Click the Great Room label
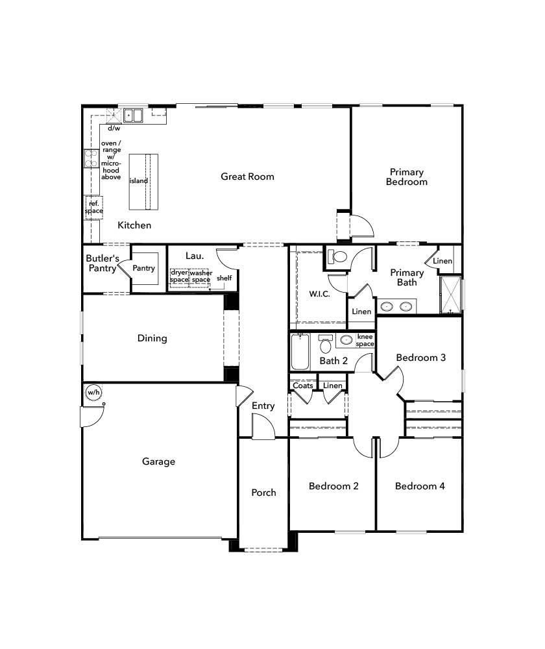[x=247, y=177]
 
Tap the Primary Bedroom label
[x=407, y=177]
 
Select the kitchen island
[x=143, y=182]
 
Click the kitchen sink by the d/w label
[x=134, y=116]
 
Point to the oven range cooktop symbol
[x=90, y=158]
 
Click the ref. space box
[x=93, y=207]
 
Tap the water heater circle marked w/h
[x=94, y=393]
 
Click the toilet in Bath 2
[x=326, y=344]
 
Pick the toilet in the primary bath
[x=337, y=256]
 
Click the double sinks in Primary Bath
[x=396, y=306]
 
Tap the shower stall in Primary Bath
[x=450, y=295]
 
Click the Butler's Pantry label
[x=102, y=263]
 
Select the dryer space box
[x=179, y=276]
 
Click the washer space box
[x=200, y=276]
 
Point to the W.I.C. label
[x=319, y=294]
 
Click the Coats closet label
[x=303, y=386]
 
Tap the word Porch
[x=263, y=493]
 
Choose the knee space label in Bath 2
[x=365, y=341]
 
